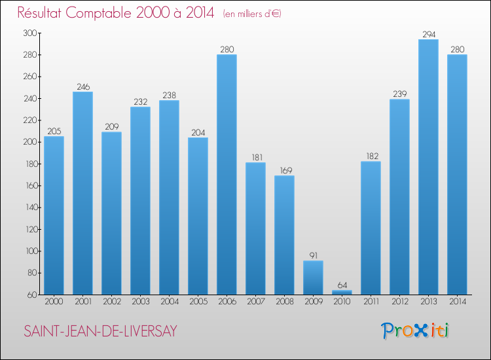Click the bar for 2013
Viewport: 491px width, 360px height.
coord(428,167)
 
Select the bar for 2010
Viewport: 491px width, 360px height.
coord(342,293)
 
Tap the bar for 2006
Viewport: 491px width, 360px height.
coord(227,174)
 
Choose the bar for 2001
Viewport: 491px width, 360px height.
coord(82,193)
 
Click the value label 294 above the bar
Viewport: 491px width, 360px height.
coord(428,34)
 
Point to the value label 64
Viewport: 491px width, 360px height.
coord(342,285)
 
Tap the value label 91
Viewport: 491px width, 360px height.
coord(313,255)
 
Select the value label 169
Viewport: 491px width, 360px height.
coord(284,170)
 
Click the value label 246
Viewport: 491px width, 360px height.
coord(82,86)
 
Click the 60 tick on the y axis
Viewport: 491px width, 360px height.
coord(32,295)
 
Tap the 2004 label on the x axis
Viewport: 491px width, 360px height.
coord(169,302)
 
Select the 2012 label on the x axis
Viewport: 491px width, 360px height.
coord(399,302)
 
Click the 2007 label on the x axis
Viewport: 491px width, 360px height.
coord(255,302)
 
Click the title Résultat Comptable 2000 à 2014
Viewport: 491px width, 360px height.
coord(116,13)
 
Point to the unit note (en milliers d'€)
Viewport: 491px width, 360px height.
coord(252,14)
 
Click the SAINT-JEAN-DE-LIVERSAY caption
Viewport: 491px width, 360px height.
coord(100,332)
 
